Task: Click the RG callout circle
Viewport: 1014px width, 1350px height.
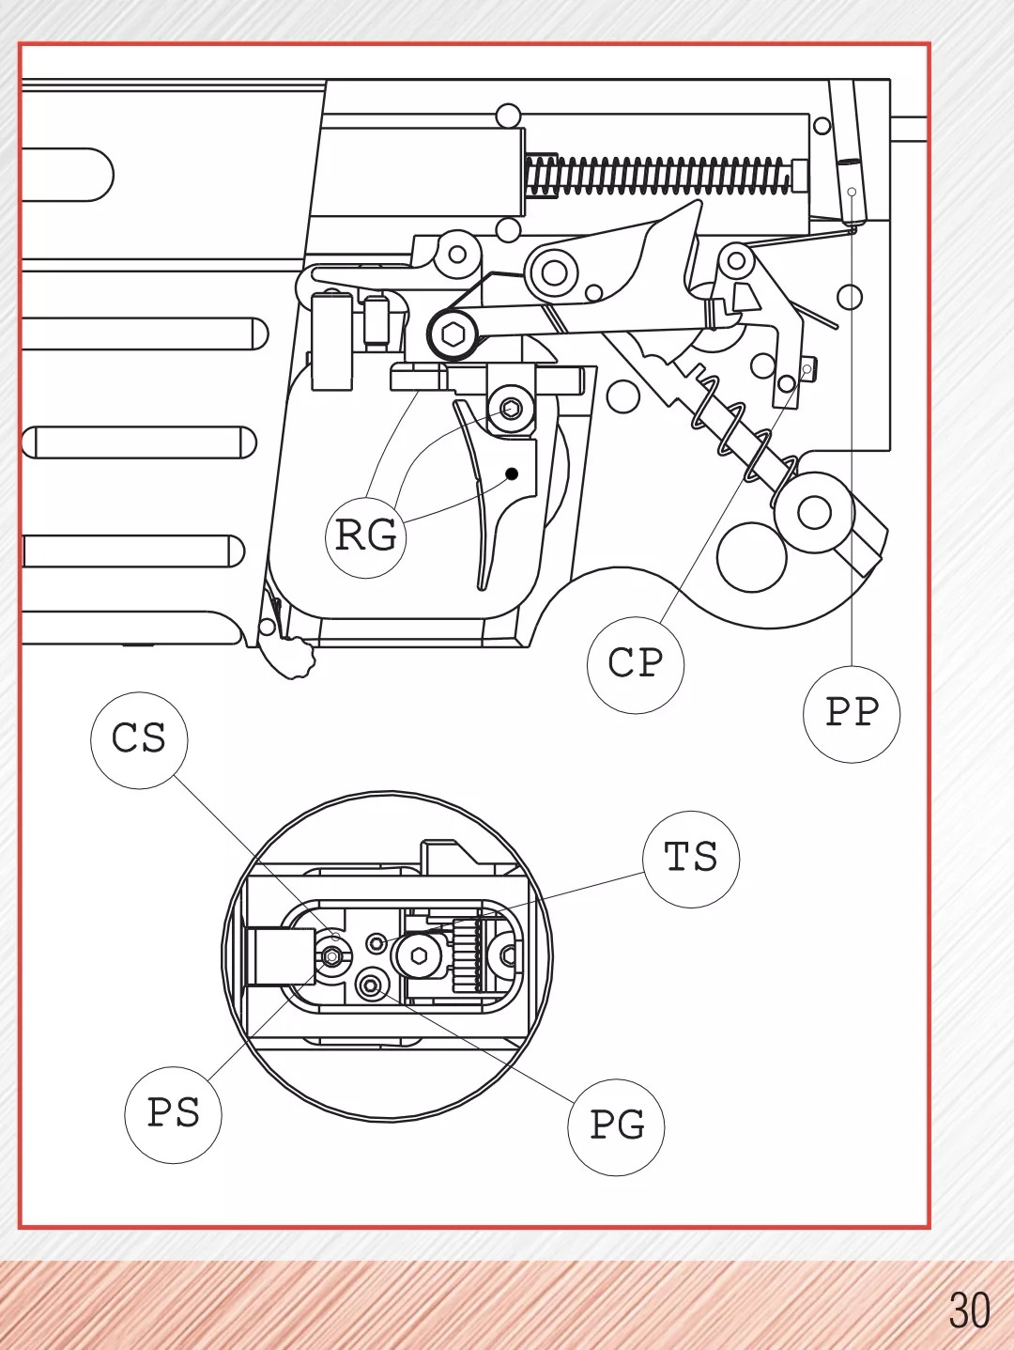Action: (365, 535)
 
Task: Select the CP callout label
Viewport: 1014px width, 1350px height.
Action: (636, 663)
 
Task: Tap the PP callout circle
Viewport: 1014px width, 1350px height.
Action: (852, 713)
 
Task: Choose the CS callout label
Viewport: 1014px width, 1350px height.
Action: (139, 739)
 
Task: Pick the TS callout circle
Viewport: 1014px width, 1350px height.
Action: (691, 858)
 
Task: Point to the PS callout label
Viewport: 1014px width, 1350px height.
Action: (174, 1114)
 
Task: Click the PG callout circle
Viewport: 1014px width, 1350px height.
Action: (616, 1125)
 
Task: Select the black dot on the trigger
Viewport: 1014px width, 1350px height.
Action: (513, 473)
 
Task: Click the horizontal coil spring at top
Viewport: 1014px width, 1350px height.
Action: (657, 176)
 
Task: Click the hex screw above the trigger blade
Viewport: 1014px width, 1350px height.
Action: (511, 408)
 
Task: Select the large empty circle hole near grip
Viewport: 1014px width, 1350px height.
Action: (751, 557)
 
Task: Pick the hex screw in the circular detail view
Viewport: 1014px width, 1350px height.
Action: (419, 956)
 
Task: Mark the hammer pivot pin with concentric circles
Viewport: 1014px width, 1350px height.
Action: (554, 272)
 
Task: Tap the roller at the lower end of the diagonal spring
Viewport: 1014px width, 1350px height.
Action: (814, 512)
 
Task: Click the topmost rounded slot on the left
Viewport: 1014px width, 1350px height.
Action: (66, 175)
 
